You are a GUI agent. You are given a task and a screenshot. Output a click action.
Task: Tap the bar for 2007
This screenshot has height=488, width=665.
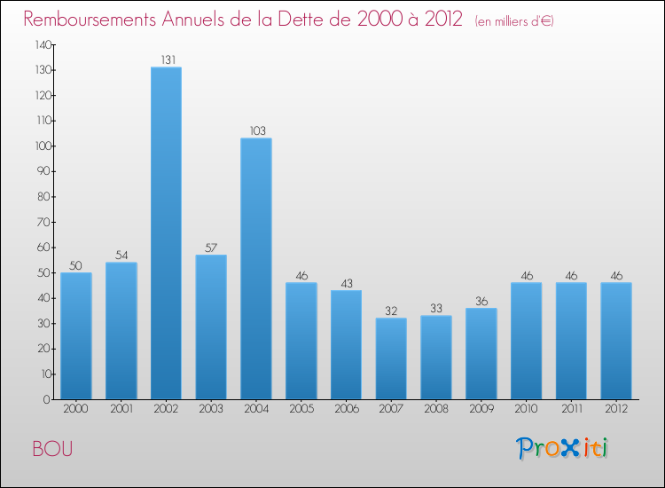pos(391,358)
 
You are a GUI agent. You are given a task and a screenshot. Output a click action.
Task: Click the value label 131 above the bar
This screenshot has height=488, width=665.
pos(166,60)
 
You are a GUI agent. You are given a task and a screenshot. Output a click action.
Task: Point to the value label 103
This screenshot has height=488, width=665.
pos(256,131)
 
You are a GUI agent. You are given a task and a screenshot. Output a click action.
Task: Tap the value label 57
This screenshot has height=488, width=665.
pos(211,248)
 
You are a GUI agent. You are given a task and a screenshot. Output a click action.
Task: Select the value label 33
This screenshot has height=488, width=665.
pos(436,309)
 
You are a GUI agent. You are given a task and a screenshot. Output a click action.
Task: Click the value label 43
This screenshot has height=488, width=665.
pos(346,283)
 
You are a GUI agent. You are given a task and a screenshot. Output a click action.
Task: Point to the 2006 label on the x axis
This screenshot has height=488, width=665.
pos(346,410)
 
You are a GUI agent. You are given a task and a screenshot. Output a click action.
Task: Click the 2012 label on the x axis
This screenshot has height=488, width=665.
pos(616,410)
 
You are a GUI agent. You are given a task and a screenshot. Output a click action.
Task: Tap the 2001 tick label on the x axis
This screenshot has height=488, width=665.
pos(121,410)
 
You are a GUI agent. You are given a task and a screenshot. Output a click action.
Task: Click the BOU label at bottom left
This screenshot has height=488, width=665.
pos(53,449)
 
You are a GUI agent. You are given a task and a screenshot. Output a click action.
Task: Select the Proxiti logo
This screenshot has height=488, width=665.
pos(562,448)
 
